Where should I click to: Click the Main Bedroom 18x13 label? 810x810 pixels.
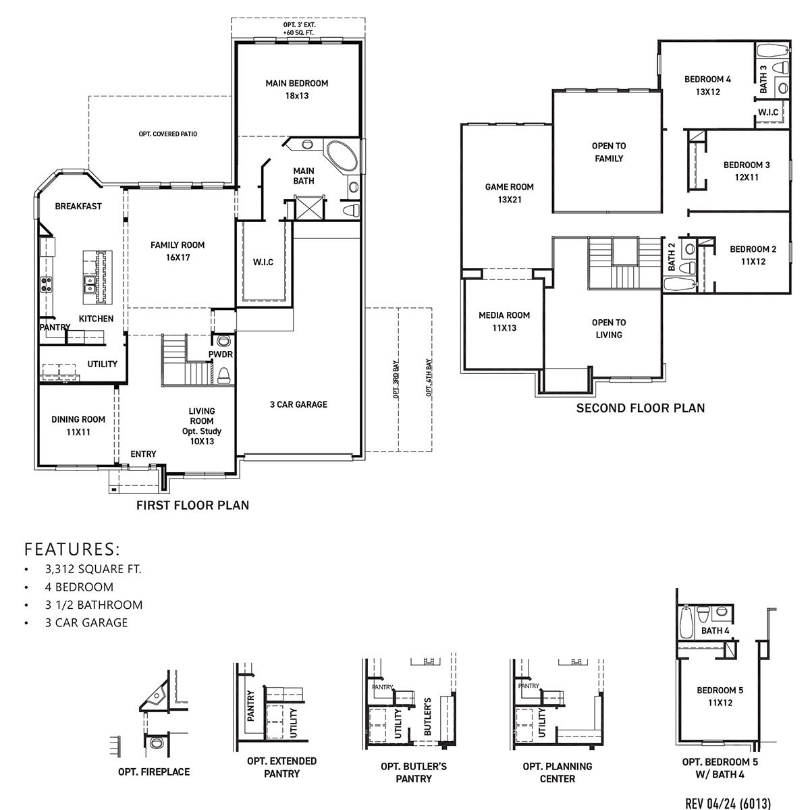(296, 90)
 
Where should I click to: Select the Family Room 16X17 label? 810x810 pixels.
(178, 251)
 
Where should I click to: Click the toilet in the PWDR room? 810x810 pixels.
(223, 374)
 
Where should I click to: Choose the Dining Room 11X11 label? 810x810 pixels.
(78, 425)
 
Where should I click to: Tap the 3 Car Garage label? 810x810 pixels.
(298, 404)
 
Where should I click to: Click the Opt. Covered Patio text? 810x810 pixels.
(168, 134)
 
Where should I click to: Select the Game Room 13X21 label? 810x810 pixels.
(509, 193)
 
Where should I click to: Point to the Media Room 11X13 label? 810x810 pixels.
(504, 321)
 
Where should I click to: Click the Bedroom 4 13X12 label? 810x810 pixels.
(707, 85)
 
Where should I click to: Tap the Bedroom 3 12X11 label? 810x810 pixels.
(747, 171)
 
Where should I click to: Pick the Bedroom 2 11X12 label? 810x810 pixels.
(753, 255)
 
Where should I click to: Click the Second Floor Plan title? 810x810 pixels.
(640, 408)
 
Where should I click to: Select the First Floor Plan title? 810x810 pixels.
(192, 505)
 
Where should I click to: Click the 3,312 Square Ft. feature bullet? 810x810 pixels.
(93, 569)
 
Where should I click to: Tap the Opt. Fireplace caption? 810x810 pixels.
(154, 772)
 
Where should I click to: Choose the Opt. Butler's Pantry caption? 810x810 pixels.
(413, 772)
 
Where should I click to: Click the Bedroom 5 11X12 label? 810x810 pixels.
(720, 696)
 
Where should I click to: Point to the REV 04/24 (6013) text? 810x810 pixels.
(728, 803)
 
